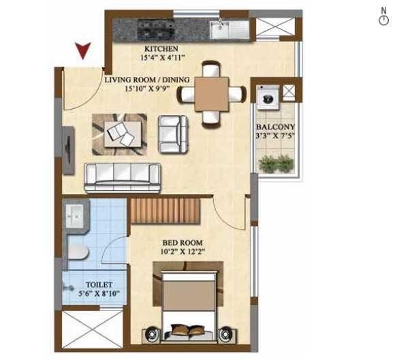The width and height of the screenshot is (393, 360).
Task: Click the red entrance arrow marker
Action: click(84, 50)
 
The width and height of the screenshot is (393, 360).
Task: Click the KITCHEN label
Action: click(161, 50)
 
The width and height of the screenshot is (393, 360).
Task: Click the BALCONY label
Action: click(275, 127)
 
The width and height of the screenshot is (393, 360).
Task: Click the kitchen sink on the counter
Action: click(221, 29)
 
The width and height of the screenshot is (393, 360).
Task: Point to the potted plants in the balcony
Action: click(277, 163)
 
